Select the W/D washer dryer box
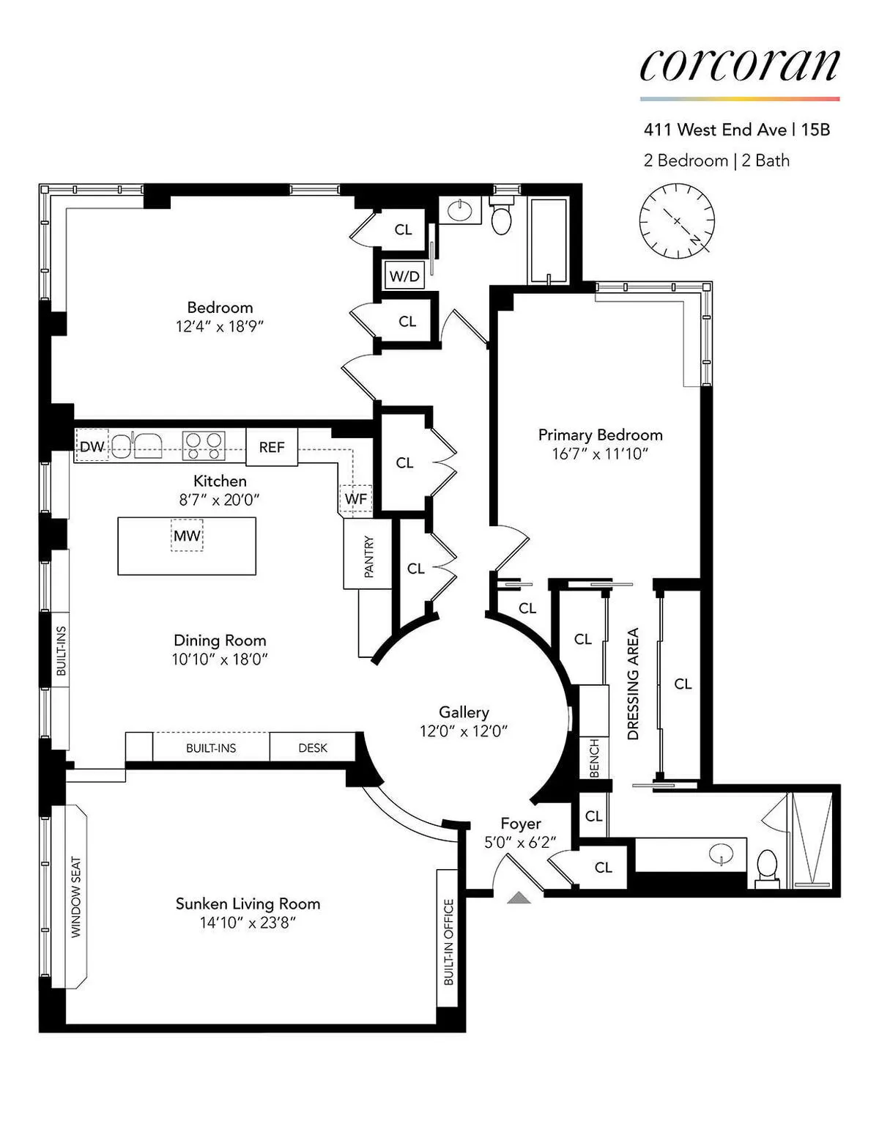(404, 276)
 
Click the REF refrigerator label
(272, 447)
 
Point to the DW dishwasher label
(92, 446)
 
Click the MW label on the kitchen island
(187, 536)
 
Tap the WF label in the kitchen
(356, 499)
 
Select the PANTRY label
(368, 557)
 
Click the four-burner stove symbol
(204, 446)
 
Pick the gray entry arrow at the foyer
(519, 897)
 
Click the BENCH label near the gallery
(594, 758)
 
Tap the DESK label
(313, 748)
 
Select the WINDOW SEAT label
(76, 897)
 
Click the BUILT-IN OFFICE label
(449, 942)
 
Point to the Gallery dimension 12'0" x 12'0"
(464, 731)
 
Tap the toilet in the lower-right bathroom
(767, 867)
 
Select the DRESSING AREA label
(634, 684)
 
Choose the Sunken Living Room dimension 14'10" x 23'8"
(248, 923)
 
